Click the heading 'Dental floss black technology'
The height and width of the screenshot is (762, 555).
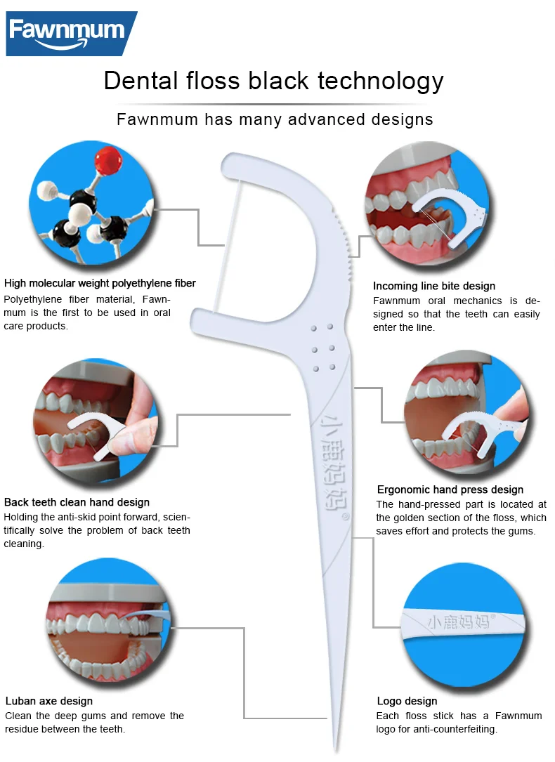click(274, 81)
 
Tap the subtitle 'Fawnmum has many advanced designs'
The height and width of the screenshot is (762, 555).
click(275, 119)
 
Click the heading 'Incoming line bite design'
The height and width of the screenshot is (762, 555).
click(433, 286)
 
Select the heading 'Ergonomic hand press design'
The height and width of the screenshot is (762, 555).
click(450, 490)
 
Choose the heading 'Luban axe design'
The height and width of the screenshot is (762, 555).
click(49, 700)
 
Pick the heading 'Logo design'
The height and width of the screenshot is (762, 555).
click(407, 701)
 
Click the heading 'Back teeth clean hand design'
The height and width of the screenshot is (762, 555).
click(77, 502)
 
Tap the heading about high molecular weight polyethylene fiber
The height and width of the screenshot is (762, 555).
click(100, 284)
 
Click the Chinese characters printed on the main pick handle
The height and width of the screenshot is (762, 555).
click(328, 464)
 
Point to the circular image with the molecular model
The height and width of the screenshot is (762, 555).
click(93, 202)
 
